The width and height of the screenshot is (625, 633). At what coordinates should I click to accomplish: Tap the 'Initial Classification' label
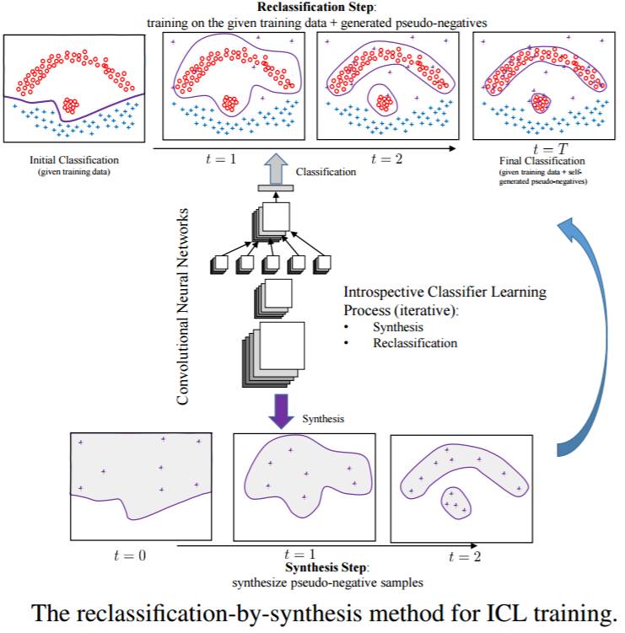pyautogui.click(x=74, y=159)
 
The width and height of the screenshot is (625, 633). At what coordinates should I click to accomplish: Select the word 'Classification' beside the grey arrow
pyautogui.click(x=326, y=172)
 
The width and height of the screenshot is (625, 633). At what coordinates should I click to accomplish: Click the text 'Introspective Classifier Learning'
pyautogui.click(x=445, y=292)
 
